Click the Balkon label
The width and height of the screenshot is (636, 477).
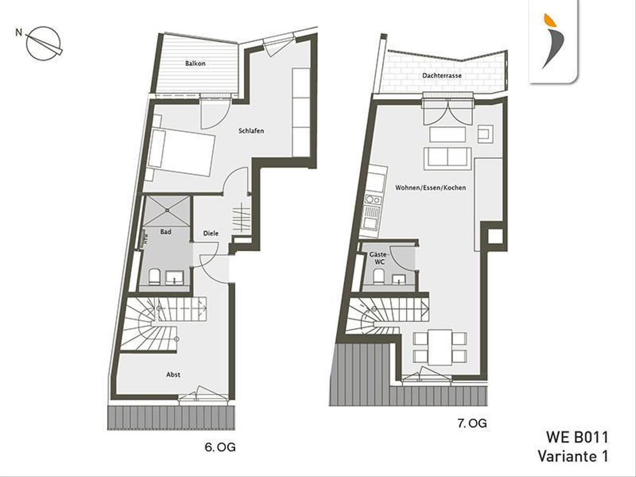click(x=195, y=64)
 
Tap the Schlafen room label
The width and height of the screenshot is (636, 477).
click(x=251, y=131)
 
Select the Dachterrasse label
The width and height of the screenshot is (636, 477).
click(x=442, y=76)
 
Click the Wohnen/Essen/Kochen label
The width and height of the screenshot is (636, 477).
click(x=431, y=188)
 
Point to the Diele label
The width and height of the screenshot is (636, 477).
click(x=211, y=233)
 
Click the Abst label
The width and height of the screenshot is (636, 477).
click(x=173, y=375)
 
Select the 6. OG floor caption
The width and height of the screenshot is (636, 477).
click(x=220, y=447)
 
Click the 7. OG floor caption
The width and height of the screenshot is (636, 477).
click(x=472, y=423)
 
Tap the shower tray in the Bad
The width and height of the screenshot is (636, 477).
click(x=166, y=211)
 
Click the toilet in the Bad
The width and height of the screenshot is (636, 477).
click(x=154, y=277)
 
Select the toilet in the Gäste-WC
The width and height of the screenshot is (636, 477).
click(x=379, y=276)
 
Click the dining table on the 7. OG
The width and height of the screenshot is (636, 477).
click(x=440, y=347)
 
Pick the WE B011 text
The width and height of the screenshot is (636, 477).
click(x=577, y=438)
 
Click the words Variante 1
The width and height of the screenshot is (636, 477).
click(x=573, y=456)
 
